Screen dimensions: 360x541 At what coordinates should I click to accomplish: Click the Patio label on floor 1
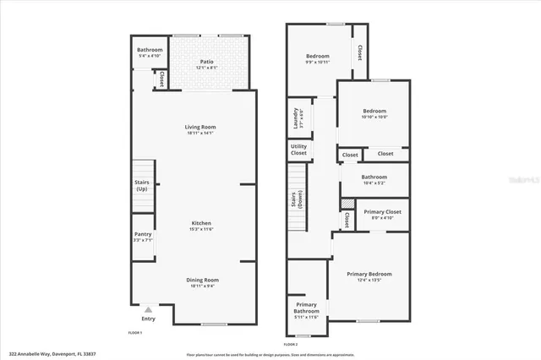point(206,62)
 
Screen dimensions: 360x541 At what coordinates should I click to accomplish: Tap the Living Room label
point(201,127)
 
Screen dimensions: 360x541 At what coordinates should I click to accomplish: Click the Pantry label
point(143,236)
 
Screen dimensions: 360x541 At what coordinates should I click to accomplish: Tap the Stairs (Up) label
point(142,185)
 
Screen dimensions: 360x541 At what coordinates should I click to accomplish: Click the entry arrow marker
point(149,310)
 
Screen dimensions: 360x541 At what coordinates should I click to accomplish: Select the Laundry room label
point(296,119)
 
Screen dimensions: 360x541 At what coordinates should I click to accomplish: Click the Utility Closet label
point(298,150)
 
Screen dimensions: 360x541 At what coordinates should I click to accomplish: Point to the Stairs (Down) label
point(296,199)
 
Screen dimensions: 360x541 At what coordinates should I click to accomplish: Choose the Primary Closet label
point(382,211)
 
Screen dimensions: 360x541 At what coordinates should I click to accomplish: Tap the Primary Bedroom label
point(369,273)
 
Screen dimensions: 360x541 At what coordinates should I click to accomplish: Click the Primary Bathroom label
point(306,308)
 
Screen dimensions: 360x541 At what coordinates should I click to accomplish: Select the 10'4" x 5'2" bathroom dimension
point(374,183)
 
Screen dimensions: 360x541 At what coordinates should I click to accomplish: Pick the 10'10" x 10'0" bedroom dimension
point(374,117)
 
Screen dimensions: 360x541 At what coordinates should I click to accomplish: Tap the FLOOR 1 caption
point(135,333)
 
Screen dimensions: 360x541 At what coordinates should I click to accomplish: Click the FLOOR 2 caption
point(291,345)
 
